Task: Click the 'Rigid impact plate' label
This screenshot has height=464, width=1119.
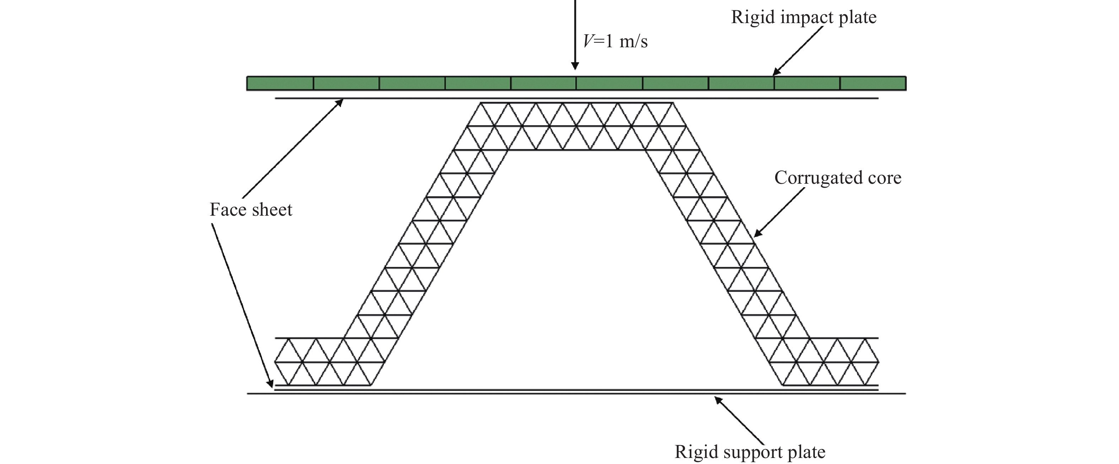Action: tap(804, 17)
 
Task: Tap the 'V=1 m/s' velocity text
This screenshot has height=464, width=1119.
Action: tap(615, 42)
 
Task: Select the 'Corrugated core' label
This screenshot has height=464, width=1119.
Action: tap(838, 178)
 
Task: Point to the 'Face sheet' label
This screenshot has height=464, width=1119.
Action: tap(251, 210)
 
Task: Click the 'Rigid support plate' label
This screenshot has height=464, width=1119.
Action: tap(750, 452)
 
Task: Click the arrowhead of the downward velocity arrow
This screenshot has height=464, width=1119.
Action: tap(575, 66)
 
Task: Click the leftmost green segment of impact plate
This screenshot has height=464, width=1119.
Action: tap(280, 83)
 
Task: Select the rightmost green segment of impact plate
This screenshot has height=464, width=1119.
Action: tap(873, 83)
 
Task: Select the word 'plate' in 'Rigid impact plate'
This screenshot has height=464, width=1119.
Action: tap(858, 18)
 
